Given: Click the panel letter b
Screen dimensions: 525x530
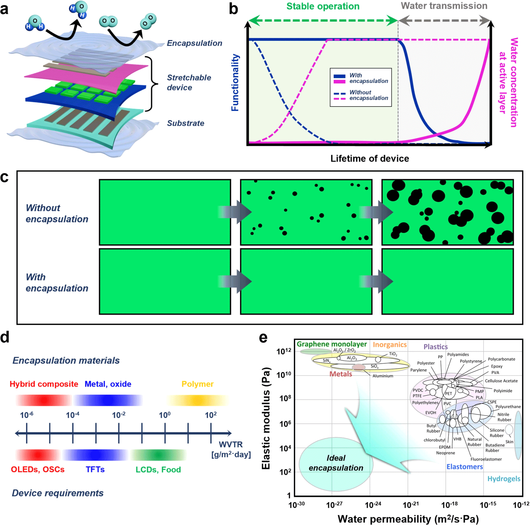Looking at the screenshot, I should pos(233,9).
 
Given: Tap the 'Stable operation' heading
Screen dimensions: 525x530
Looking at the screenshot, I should pos(323,6).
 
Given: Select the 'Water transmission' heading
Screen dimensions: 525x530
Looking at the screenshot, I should pos(444,6).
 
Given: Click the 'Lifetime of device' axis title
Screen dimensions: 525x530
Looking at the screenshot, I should pos(369,158).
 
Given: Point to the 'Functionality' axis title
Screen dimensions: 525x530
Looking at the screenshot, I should pos(235,83).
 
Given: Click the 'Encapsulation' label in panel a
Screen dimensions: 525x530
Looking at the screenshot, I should pos(194,43).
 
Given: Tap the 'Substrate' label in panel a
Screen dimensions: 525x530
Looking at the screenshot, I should pos(185,123).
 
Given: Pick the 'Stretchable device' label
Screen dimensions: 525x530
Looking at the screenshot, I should pos(188,82).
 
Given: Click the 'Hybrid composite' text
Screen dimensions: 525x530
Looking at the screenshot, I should pos(44,384).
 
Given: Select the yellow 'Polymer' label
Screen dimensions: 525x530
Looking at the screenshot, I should pos(197,384).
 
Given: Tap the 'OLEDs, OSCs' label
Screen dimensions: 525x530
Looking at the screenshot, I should pos(38,470).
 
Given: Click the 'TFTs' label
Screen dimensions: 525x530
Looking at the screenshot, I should pos(95,470).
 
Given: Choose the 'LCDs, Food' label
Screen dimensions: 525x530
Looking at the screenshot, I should pos(158,470).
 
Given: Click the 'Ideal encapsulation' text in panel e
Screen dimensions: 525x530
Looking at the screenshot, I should pos(336,463).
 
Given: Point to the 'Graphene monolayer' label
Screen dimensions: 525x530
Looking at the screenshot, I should pos(331,344).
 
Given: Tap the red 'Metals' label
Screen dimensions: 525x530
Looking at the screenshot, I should pos(341,374).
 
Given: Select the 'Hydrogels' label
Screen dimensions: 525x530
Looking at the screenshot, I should pos(503,479).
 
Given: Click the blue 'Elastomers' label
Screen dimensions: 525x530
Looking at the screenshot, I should pos(464,467).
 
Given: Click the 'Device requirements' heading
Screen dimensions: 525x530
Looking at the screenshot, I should pos(58,493).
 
